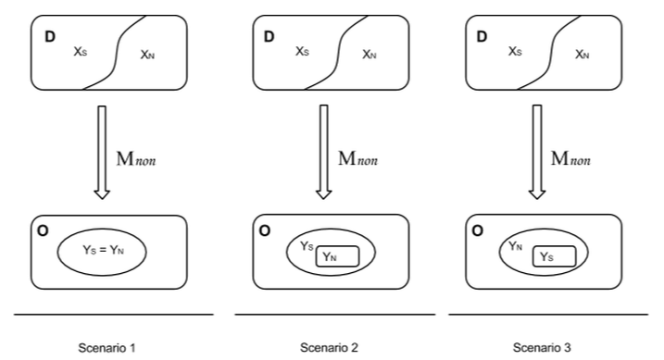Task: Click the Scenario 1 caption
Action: pos(106,348)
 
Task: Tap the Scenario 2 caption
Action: pos(329,348)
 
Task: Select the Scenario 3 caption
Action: pos(542,348)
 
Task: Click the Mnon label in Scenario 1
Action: pos(136,158)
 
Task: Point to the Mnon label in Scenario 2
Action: pos(357,158)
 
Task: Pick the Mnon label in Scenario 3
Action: pos(570,158)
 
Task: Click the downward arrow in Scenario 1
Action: pos(102,153)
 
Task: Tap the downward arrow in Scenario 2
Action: pos(324,153)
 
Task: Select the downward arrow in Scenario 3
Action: pos(537,153)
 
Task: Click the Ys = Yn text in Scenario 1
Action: pos(104,250)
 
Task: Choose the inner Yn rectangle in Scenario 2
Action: pos(337,256)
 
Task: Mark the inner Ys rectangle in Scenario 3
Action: pos(555,256)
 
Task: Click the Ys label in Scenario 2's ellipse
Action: pos(307,246)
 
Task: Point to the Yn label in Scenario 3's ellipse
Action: pos(515,246)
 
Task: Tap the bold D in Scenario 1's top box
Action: pos(50,37)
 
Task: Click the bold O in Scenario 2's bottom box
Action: pos(265,230)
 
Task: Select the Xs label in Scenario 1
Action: pos(81,52)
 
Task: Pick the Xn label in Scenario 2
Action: pos(370,55)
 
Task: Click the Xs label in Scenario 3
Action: pos(515,52)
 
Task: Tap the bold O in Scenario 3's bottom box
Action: pos(477,230)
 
